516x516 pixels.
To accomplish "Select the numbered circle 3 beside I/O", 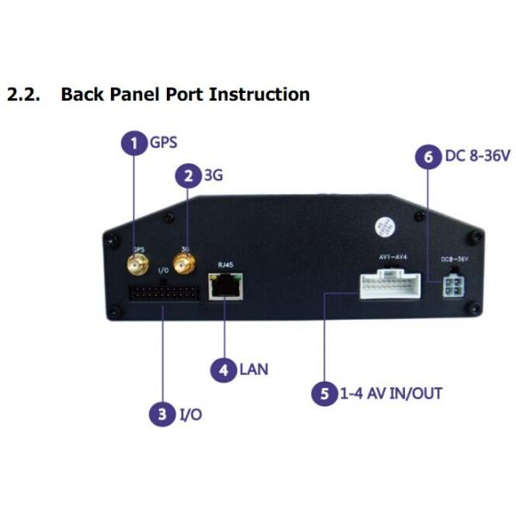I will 162,415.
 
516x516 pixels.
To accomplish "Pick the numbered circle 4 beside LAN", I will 224,370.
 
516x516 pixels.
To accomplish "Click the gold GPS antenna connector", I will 138,261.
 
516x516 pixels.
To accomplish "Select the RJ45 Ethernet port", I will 225,287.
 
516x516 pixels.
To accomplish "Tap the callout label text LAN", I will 254,371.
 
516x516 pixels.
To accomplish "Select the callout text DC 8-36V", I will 477,157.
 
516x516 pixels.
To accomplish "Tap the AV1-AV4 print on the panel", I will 389,255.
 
